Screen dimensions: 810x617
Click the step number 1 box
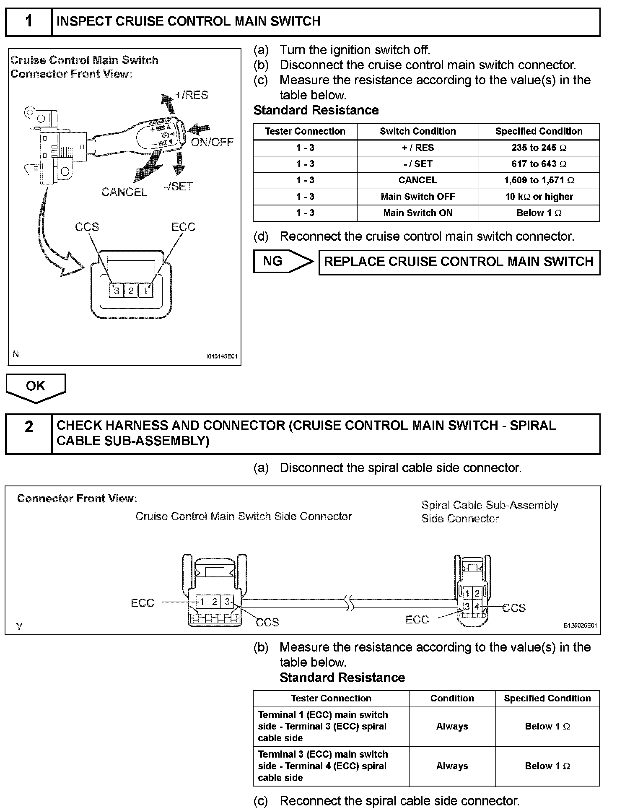pyautogui.click(x=29, y=21)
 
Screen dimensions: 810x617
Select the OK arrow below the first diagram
pyautogui.click(x=36, y=387)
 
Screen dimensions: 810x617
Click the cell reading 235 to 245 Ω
pyautogui.click(x=539, y=148)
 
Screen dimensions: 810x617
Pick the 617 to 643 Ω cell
pyautogui.click(x=539, y=164)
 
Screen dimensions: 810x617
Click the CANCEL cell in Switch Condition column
pyautogui.click(x=417, y=180)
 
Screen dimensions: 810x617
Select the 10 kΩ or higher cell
pyautogui.click(x=539, y=197)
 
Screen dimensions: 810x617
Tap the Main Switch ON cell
pyautogui.click(x=417, y=213)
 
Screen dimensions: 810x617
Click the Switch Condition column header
pyautogui.click(x=417, y=131)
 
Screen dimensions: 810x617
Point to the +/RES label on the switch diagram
pyautogui.click(x=192, y=95)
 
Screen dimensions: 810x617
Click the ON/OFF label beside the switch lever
pyautogui.click(x=212, y=142)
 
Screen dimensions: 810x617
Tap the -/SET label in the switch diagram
pyautogui.click(x=179, y=187)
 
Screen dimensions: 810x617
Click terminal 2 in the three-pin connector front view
pyautogui.click(x=131, y=290)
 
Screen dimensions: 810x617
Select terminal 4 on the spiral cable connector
pyautogui.click(x=477, y=606)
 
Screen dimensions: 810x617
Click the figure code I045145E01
pyautogui.click(x=222, y=356)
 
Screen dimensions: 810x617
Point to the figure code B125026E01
pyautogui.click(x=580, y=626)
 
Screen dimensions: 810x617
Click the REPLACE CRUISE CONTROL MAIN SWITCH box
pyautogui.click(x=459, y=262)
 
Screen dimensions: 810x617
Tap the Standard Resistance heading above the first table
pyautogui.click(x=316, y=110)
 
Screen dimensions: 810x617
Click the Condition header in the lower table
pyautogui.click(x=452, y=698)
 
